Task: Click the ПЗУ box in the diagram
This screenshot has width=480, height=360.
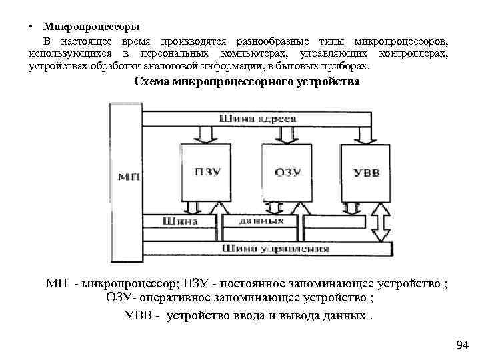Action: (203, 173)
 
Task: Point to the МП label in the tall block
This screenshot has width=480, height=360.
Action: (127, 177)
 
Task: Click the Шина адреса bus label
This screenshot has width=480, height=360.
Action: (257, 119)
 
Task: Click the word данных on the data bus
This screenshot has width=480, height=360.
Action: (261, 220)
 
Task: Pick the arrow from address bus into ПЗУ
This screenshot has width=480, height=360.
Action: (205, 135)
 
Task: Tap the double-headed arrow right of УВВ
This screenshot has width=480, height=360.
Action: (383, 222)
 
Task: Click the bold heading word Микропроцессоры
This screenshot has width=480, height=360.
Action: (91, 27)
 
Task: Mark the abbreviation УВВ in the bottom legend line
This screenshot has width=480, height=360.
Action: (139, 315)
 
